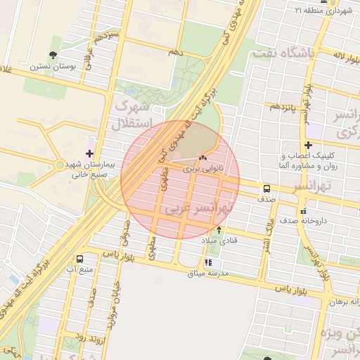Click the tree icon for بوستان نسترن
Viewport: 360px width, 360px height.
[53, 55]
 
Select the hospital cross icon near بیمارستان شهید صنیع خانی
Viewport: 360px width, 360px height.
[89, 153]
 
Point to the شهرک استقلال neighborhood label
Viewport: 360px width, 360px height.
[131, 117]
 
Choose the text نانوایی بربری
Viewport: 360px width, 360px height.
[202, 169]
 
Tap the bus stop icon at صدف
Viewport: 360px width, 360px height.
[266, 188]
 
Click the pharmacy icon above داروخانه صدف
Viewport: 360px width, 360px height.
[302, 211]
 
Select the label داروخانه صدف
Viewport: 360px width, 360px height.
[302, 221]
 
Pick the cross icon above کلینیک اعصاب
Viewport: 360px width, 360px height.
[308, 145]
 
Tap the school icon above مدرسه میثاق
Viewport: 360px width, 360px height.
[207, 262]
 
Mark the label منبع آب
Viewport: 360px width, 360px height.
[80, 269]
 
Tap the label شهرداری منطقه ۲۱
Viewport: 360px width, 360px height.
[323, 11]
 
